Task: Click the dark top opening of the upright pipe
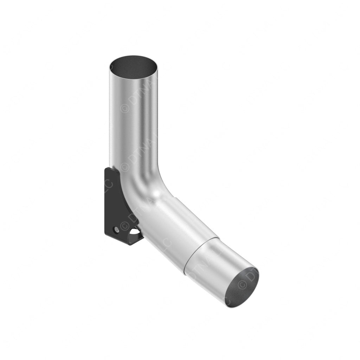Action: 133,65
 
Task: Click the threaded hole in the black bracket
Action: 116,229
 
